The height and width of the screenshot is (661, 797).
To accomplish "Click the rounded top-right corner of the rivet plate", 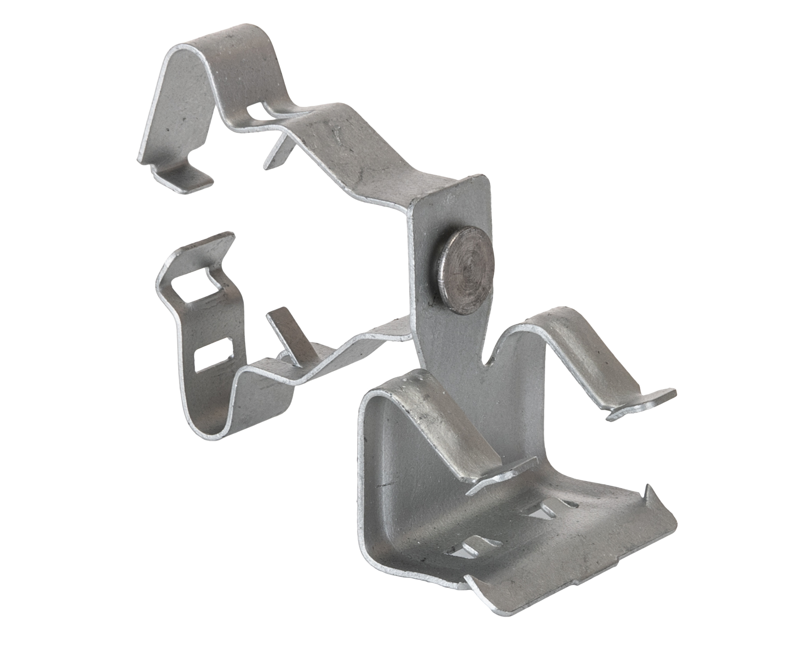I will (x=484, y=180).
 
